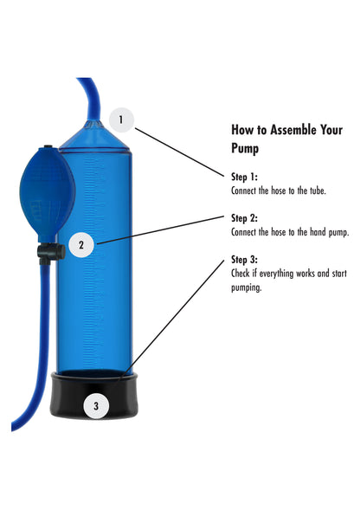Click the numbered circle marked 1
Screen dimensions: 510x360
121,119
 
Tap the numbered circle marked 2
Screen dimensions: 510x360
80,245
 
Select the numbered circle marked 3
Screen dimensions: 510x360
96,404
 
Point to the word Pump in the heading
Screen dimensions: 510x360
246,147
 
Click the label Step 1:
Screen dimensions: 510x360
245,176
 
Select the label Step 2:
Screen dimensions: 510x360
245,217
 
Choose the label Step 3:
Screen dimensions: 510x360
245,260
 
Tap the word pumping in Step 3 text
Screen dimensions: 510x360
246,288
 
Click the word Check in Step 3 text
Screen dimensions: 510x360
241,274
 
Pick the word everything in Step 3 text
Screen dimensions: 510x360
280,274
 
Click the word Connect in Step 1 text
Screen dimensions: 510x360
245,190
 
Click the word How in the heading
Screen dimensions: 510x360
241,129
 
